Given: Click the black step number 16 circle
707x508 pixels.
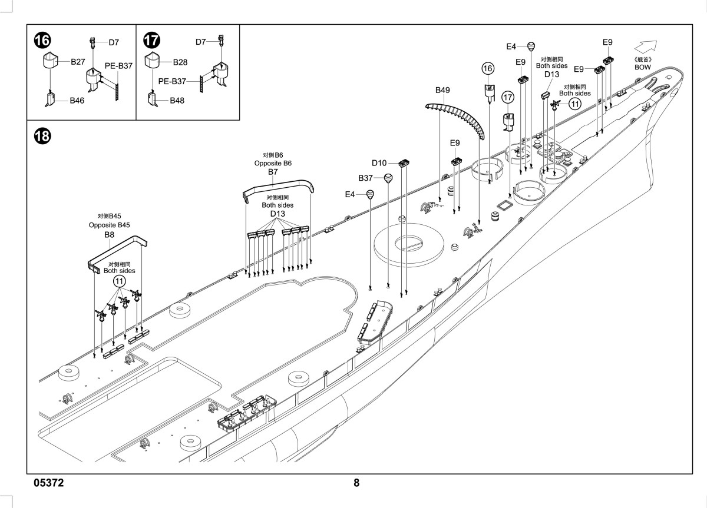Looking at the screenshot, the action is [x=42, y=41].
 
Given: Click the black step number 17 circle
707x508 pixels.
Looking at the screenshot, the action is [x=152, y=41].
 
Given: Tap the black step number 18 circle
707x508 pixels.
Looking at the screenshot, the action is [x=42, y=136].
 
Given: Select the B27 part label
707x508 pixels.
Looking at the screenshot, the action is [x=78, y=62].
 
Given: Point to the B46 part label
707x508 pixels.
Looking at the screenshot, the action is [x=77, y=101].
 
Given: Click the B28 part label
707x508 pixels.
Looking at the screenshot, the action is [x=180, y=62].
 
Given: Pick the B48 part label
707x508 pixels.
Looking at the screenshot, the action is [x=177, y=101].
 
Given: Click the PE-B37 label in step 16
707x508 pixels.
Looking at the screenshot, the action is [x=118, y=66].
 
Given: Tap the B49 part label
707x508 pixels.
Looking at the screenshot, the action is [x=442, y=90].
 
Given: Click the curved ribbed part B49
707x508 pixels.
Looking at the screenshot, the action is [x=461, y=115].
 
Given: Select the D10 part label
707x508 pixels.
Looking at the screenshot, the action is [x=379, y=163].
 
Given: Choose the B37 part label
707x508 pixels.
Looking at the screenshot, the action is [x=365, y=178].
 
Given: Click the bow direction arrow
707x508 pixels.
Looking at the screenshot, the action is [x=646, y=47].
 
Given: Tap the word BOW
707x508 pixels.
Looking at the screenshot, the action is [x=643, y=67].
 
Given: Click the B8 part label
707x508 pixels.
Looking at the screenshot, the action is [x=109, y=235].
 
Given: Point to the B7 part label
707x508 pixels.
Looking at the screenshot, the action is [x=273, y=172].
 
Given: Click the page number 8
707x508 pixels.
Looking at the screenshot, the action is [x=356, y=483].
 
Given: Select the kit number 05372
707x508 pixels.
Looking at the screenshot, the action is [x=48, y=483].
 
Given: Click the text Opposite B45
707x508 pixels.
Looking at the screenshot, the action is [x=109, y=225].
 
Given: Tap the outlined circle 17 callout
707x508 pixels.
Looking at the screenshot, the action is [x=508, y=97].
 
